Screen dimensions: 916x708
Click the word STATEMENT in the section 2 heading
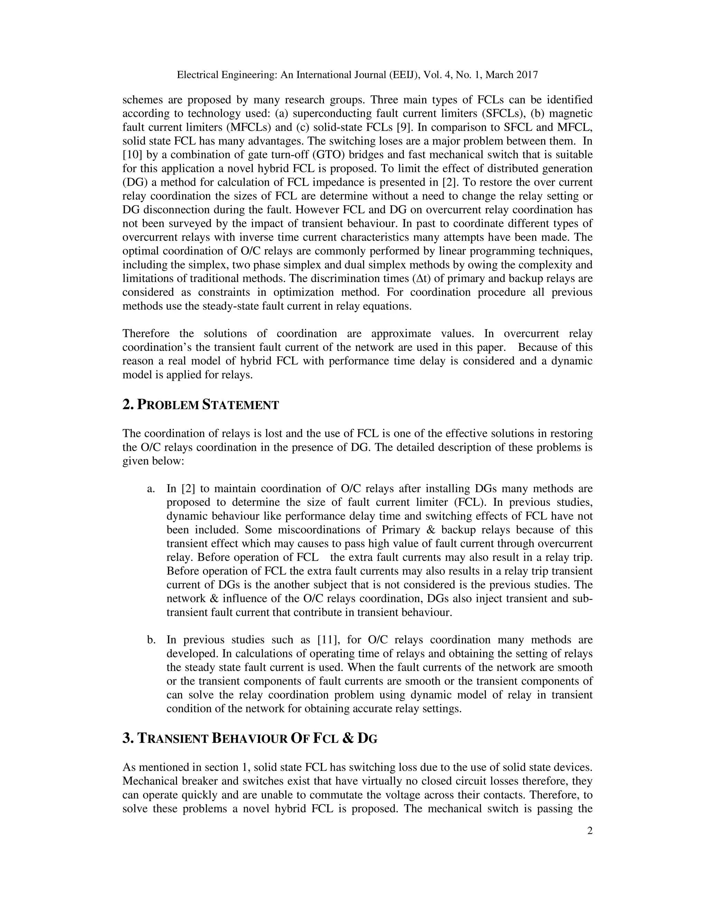(x=240, y=405)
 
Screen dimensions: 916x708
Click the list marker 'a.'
(x=151, y=489)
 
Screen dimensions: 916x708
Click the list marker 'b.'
(x=151, y=640)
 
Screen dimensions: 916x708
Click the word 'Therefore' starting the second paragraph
(x=146, y=334)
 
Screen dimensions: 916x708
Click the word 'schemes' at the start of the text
(x=141, y=100)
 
